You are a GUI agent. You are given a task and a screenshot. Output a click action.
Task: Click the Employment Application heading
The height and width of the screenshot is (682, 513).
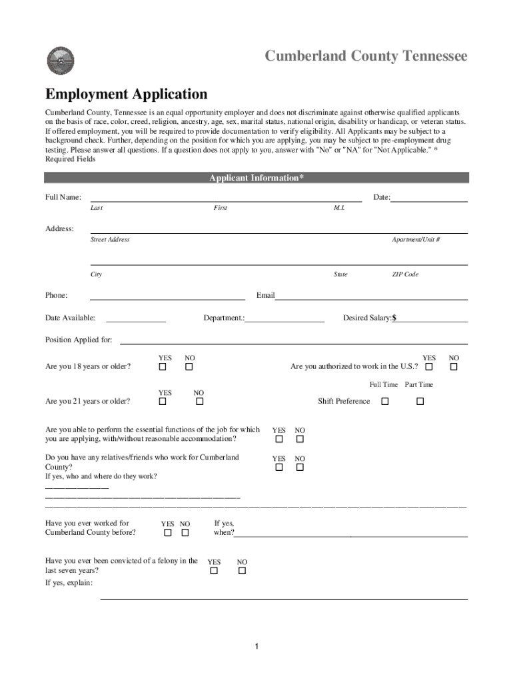[126, 94]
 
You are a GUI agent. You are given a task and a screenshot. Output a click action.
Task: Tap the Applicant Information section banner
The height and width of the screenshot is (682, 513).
[256, 178]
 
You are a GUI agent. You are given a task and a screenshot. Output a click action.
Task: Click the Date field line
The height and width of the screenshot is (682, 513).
[429, 198]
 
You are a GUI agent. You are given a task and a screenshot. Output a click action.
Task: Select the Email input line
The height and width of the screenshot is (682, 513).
[371, 296]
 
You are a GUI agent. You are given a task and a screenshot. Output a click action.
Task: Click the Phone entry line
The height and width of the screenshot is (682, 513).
[167, 296]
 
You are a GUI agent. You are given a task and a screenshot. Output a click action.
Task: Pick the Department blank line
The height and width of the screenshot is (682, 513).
[285, 318]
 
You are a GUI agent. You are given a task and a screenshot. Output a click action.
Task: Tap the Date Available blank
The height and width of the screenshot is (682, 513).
[136, 318]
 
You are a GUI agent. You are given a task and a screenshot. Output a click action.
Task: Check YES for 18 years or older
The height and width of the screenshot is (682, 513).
[163, 367]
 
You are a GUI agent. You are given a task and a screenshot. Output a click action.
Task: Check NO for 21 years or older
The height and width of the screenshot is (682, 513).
[199, 402]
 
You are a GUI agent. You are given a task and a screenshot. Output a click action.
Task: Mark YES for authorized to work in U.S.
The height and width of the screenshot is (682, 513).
[429, 367]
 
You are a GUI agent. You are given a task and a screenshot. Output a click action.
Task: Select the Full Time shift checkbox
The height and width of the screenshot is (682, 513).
[384, 402]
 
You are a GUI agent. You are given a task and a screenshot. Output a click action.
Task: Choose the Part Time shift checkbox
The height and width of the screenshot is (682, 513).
[420, 402]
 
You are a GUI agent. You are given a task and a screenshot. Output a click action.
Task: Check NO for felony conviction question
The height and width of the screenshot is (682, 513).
[242, 571]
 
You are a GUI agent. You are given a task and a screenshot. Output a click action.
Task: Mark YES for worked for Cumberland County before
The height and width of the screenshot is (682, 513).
[168, 533]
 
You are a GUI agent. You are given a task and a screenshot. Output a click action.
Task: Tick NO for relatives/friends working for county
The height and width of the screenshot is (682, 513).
[300, 468]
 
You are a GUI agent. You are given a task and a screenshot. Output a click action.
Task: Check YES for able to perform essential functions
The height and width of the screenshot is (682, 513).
[279, 440]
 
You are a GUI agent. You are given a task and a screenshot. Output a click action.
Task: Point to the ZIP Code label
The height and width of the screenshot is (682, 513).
[405, 274]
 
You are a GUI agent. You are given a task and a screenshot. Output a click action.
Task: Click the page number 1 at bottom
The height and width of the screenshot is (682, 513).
[256, 647]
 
